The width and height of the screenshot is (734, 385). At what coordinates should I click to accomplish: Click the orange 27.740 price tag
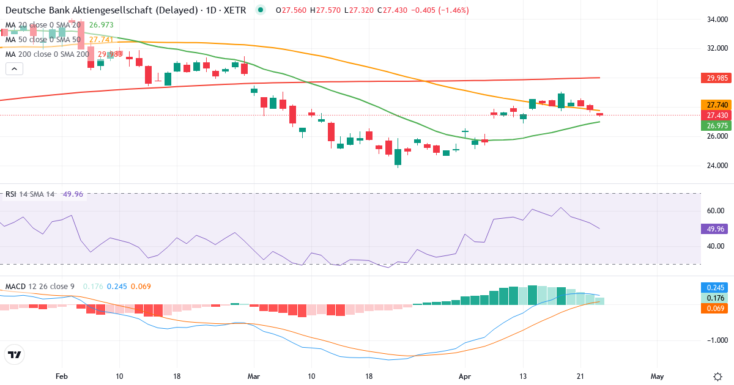coord(714,105)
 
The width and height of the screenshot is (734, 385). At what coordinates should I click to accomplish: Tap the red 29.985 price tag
coord(714,78)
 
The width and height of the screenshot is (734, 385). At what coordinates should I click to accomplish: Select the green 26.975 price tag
coord(714,125)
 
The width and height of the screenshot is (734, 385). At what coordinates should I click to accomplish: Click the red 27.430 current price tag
coord(714,115)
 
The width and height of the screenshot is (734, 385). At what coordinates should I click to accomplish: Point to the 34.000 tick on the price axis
coord(716,19)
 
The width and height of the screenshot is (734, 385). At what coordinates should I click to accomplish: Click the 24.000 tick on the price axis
coord(716,165)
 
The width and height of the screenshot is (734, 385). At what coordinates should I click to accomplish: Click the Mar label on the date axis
coord(254,376)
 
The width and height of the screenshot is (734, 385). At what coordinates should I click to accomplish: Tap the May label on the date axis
coord(657,376)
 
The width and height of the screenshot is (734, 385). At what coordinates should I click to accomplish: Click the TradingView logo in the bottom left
coord(14,354)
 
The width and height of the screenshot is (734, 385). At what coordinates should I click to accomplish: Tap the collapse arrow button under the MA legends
coord(14,69)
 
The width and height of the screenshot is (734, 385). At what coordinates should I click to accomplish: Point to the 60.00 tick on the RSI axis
coord(716,210)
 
